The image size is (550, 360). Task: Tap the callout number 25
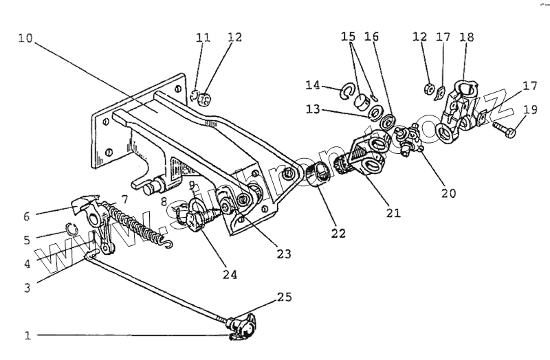tap(284, 297)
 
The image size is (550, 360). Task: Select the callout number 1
tap(27, 336)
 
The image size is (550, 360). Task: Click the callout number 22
tap(338, 232)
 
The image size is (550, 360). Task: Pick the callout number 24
tap(230, 274)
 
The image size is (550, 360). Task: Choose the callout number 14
tap(313, 85)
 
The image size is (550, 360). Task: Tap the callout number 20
tap(448, 194)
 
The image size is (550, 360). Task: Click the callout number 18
tap(467, 36)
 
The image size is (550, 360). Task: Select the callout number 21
tap(393, 213)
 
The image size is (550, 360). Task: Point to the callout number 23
tap(283, 254)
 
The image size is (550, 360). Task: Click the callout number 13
tap(313, 110)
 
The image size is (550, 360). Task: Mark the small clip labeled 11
tap(195, 95)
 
